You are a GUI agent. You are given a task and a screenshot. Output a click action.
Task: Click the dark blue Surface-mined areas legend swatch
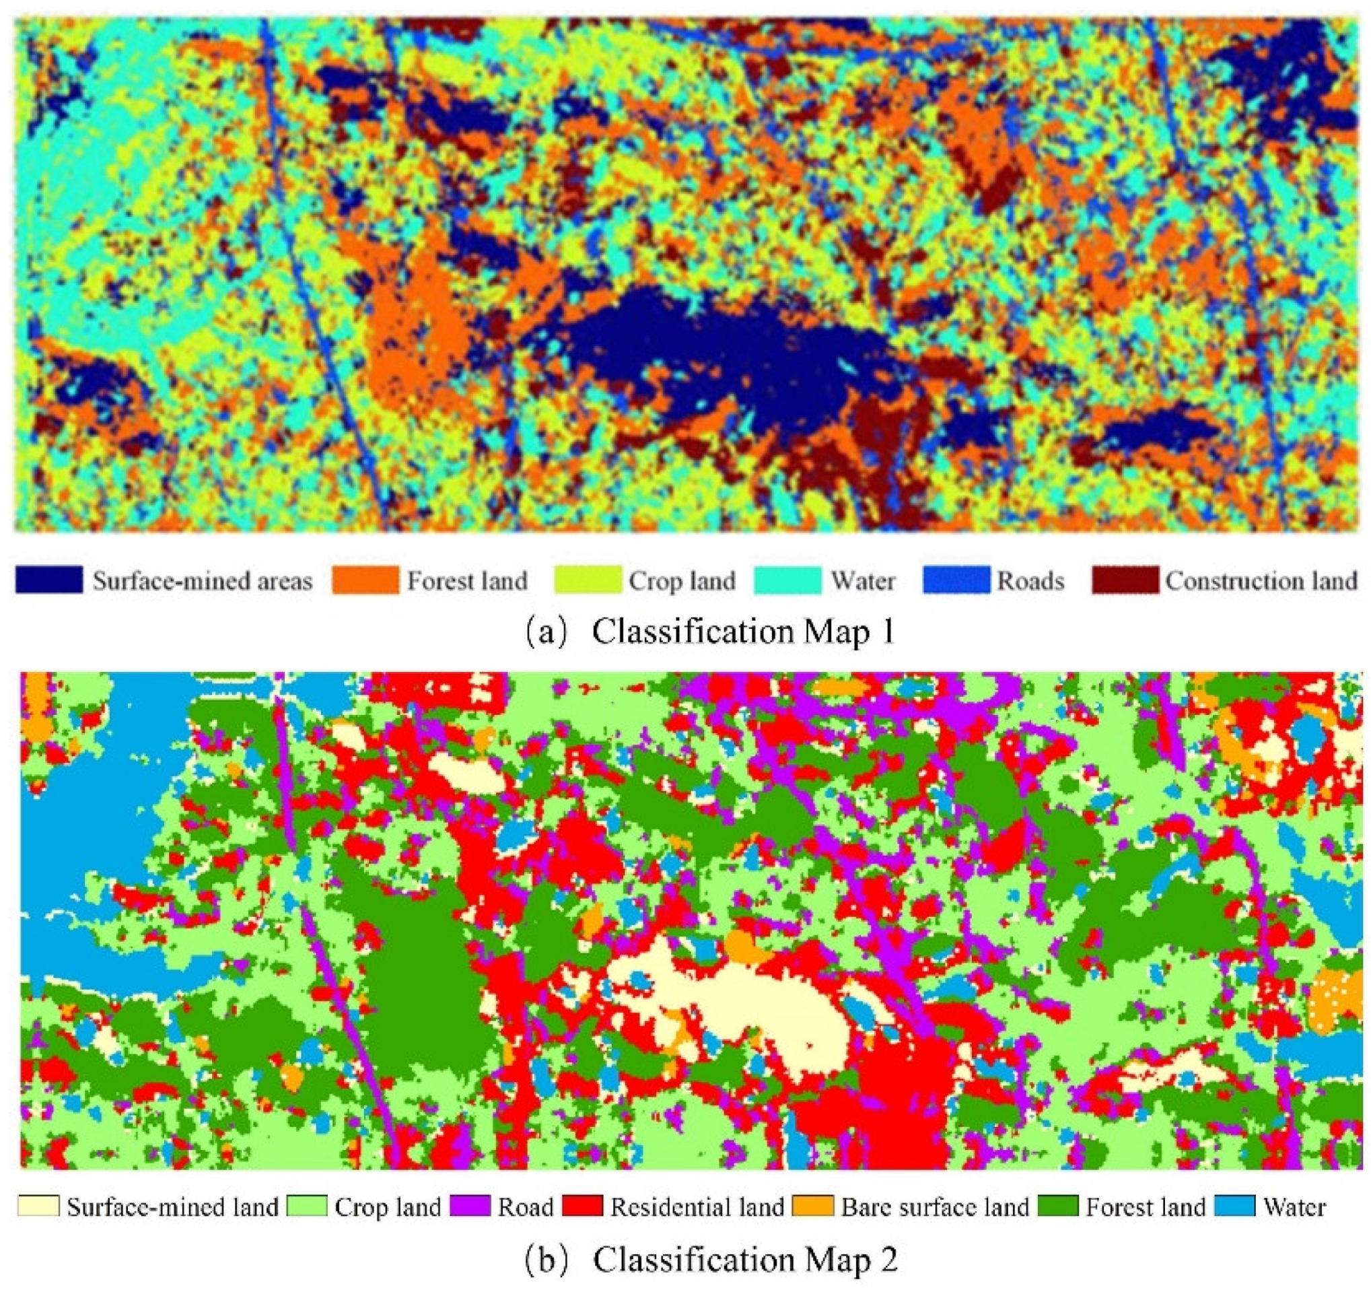point(49,580)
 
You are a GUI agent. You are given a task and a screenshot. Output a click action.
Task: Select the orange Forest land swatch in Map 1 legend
point(365,580)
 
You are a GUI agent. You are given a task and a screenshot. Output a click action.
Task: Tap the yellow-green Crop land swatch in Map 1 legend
point(588,580)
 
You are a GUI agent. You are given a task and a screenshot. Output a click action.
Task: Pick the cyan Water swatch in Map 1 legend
point(787,580)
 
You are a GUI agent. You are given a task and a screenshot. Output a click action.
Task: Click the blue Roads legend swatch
point(956,580)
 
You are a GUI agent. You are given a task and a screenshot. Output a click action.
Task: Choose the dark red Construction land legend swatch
point(1125,580)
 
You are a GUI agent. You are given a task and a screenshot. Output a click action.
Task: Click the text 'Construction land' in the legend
point(1261,581)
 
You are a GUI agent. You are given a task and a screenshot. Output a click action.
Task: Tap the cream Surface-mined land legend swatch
point(38,1207)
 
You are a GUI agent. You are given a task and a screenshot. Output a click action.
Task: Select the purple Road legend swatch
point(470,1207)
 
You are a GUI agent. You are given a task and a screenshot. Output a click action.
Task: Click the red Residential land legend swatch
point(583,1207)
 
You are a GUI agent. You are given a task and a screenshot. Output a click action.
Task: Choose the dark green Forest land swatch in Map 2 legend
point(1057,1207)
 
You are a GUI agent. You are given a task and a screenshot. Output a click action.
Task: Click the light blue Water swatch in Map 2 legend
point(1234,1207)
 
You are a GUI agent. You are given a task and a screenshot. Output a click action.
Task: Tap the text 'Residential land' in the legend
point(697,1207)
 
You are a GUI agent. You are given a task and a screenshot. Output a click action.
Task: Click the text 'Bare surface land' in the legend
point(935,1207)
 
